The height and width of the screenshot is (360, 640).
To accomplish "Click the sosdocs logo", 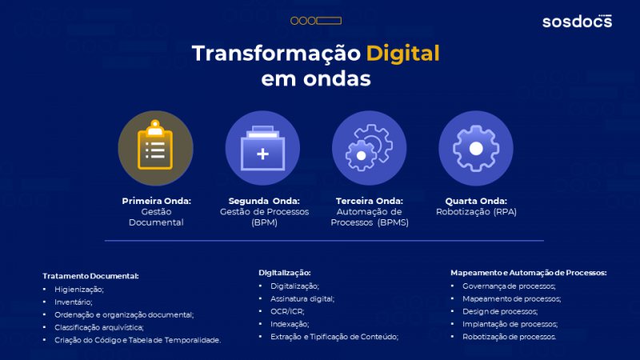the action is point(577,22).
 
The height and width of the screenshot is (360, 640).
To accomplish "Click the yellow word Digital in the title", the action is point(403,54).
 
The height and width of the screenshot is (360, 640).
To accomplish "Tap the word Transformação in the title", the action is point(276,54).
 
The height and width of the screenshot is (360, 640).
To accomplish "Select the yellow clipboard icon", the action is point(155,145).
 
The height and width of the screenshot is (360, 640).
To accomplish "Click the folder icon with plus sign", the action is point(262,148).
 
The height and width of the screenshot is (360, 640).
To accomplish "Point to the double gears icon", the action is point(369,147).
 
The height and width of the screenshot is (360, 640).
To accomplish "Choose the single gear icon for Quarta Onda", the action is point(476,149).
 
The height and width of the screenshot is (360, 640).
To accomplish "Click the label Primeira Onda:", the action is point(156,201).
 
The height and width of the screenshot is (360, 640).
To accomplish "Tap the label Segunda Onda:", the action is point(264,201).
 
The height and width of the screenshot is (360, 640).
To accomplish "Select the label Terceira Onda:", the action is point(370,201).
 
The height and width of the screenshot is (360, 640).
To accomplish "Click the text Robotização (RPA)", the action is point(476,212).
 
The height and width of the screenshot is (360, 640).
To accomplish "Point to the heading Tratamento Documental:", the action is point(90,276).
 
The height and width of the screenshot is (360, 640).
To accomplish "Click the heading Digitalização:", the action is point(285,273).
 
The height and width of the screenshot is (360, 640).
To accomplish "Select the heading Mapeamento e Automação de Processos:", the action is point(529,273).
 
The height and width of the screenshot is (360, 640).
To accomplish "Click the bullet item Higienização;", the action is point(79,290).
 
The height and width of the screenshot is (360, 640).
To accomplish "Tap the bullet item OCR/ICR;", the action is point(287,311).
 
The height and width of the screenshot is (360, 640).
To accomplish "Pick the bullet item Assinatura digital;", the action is point(302,298).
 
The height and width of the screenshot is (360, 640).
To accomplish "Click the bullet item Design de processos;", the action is point(500,311).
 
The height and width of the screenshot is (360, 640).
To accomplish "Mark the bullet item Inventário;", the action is point(74,302).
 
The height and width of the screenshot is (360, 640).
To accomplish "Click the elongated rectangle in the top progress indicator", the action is point(329,21).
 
